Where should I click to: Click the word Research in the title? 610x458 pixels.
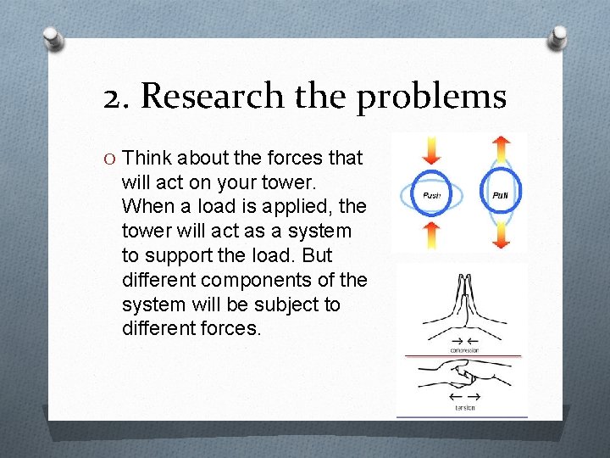coord(212,97)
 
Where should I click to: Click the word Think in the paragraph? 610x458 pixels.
coord(148,158)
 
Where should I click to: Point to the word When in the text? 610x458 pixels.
coord(146,206)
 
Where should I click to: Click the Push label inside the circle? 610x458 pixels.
coord(432,195)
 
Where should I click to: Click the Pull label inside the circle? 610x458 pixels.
coord(501,195)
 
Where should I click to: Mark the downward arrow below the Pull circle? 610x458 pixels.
coord(501,235)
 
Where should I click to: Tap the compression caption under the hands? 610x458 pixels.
coord(463,350)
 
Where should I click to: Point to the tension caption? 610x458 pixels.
coord(463,408)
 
